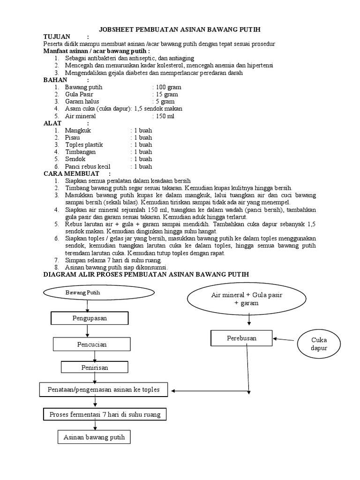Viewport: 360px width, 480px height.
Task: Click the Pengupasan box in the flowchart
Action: (x=89, y=319)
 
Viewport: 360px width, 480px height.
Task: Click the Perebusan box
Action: (x=241, y=338)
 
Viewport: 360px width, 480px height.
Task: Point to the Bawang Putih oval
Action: (x=98, y=292)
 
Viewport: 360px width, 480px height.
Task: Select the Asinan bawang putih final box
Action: (x=94, y=437)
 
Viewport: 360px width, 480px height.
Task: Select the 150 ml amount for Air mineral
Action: (x=165, y=116)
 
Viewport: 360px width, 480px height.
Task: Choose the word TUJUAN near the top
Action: (x=57, y=37)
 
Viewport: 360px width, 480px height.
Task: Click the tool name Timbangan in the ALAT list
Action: (x=81, y=152)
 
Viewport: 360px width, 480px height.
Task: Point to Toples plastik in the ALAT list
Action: (x=84, y=145)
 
